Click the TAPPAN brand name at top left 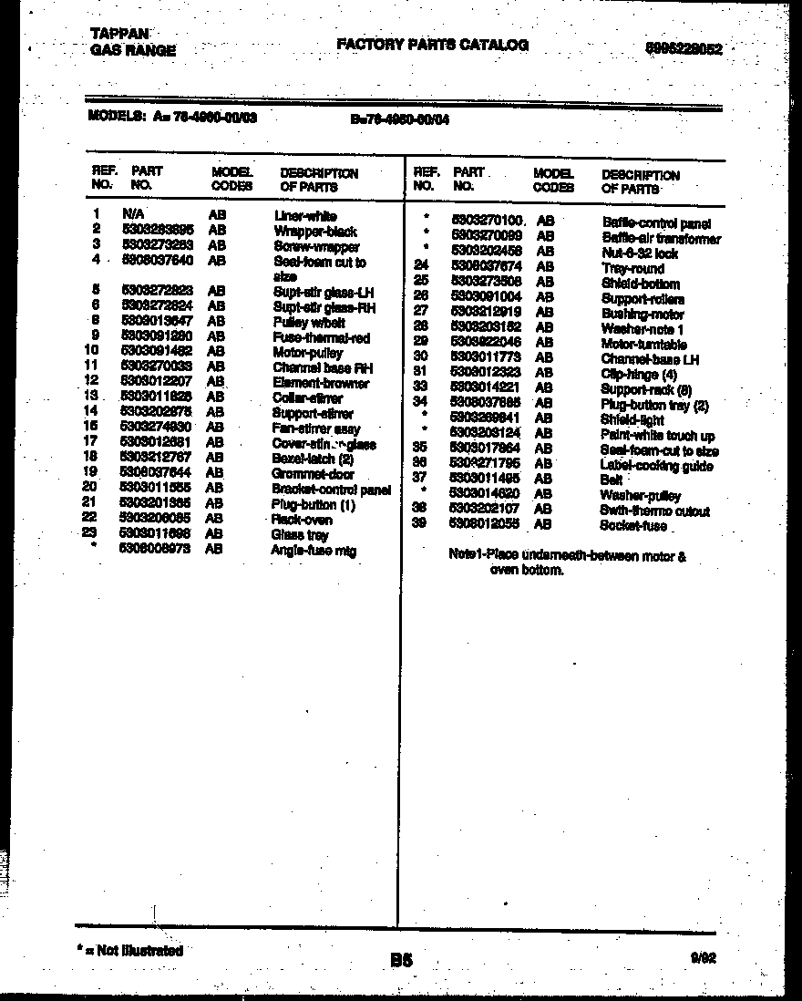(120, 34)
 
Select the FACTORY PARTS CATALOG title (432, 45)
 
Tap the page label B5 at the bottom (402, 959)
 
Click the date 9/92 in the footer (704, 957)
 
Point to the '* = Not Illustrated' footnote (130, 950)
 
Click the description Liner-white (304, 216)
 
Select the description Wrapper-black (314, 232)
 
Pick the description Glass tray (299, 535)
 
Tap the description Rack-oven (302, 519)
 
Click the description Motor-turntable (643, 345)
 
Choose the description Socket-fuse (632, 526)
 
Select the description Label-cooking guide (656, 466)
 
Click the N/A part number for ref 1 (132, 214)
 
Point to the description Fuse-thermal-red (321, 337)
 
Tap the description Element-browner (321, 383)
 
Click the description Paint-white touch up (657, 436)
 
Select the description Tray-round (632, 269)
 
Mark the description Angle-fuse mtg (313, 551)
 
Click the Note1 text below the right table (567, 562)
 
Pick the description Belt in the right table (611, 480)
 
